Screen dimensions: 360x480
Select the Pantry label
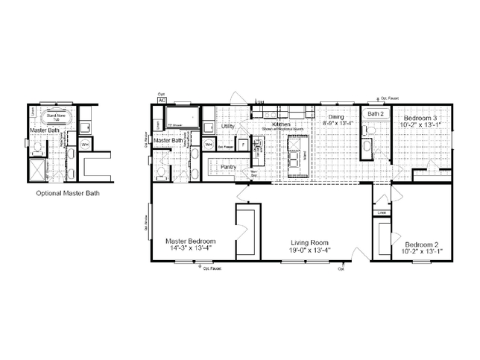pyautogui.click(x=228, y=167)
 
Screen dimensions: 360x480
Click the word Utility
pyautogui.click(x=229, y=127)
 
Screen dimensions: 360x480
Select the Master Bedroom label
pyautogui.click(x=191, y=241)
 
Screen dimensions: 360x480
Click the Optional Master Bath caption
pyautogui.click(x=68, y=193)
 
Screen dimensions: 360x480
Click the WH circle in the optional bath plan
pyautogui.click(x=85, y=144)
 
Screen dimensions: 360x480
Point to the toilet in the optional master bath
pyautogui.click(x=37, y=146)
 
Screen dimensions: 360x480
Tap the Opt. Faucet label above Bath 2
pyautogui.click(x=391, y=98)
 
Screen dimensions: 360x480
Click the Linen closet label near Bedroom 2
pyautogui.click(x=382, y=212)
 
